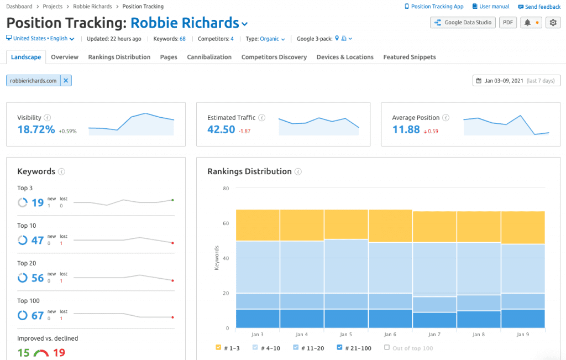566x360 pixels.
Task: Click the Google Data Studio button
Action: [462, 23]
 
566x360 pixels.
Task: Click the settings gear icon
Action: [553, 23]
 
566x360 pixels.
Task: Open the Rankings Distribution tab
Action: [119, 57]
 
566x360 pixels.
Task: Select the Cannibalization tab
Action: [209, 57]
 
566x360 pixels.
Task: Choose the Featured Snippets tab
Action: [409, 57]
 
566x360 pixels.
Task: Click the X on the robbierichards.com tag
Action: [66, 81]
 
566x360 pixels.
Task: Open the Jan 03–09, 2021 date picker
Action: [516, 81]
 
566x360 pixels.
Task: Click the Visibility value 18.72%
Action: [36, 129]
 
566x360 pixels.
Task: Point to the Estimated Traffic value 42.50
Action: [221, 129]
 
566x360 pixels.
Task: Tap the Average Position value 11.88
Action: [406, 129]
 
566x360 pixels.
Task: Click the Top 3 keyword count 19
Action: [38, 202]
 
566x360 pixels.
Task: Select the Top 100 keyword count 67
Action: [38, 315]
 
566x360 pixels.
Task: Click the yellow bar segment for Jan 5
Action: [346, 225]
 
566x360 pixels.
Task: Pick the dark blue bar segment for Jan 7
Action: [434, 320]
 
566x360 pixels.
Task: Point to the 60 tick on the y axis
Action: [226, 223]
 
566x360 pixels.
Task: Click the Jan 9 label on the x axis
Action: [523, 335]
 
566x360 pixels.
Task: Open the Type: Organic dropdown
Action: [272, 39]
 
